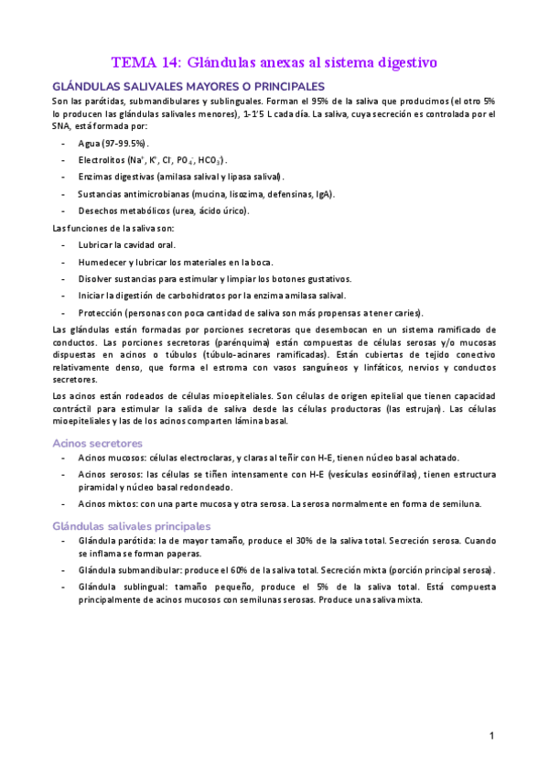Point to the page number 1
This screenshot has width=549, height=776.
pos(491,736)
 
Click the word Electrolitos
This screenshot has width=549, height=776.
pos(102,160)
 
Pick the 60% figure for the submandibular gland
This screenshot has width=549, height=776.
pos(251,570)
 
